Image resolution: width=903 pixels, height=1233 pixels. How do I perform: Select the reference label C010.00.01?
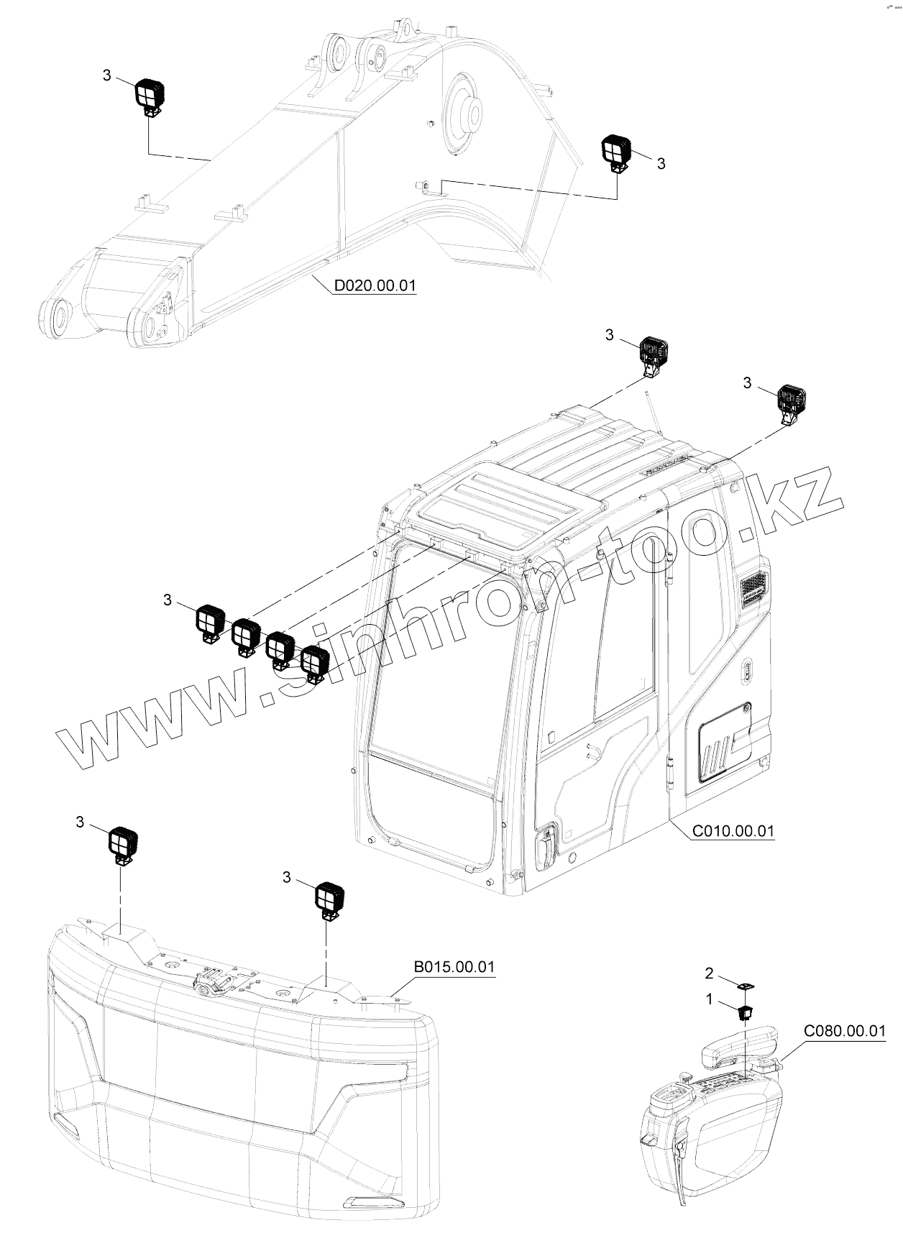pos(733,831)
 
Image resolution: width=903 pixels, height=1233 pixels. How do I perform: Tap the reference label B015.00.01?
pos(454,967)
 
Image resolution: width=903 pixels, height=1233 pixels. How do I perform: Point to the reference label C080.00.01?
pos(844,1032)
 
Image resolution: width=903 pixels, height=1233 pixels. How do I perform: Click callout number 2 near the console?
pos(709,973)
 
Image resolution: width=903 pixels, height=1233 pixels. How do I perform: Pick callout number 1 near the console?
pos(709,999)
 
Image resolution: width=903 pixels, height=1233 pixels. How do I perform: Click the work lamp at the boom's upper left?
pos(150,94)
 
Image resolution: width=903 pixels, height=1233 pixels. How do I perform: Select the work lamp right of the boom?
pos(615,152)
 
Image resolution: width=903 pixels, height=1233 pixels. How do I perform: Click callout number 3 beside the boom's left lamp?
pos(107,75)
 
